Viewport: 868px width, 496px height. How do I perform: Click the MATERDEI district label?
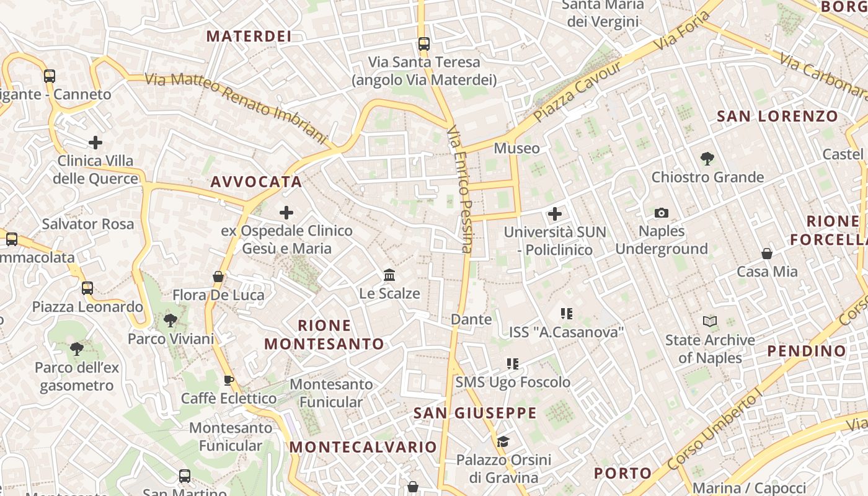(249, 36)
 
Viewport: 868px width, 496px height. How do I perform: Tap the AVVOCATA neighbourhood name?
(256, 182)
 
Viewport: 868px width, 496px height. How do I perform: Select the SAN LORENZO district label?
(777, 116)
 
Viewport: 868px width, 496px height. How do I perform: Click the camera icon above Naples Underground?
(662, 213)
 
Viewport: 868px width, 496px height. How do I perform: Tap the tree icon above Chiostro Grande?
(707, 159)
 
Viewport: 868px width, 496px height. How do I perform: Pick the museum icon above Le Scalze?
(389, 275)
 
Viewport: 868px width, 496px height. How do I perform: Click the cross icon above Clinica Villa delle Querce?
(95, 143)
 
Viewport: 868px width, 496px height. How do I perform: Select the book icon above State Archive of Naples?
(710, 321)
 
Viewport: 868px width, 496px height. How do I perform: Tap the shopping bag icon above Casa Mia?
(767, 254)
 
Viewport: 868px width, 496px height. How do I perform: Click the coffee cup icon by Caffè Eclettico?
(228, 380)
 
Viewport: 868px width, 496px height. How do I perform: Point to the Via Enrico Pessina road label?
(459, 189)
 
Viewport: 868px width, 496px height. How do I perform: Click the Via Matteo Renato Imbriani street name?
(236, 107)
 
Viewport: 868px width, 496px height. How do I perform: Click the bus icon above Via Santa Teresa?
(424, 43)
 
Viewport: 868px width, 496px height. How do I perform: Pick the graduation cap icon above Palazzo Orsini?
(503, 441)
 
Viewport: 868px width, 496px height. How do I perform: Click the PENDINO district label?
(807, 351)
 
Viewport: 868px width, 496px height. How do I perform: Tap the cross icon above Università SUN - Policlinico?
(555, 214)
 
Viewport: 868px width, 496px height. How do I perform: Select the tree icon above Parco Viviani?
(170, 321)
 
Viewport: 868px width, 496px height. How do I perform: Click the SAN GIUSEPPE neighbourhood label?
(475, 413)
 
